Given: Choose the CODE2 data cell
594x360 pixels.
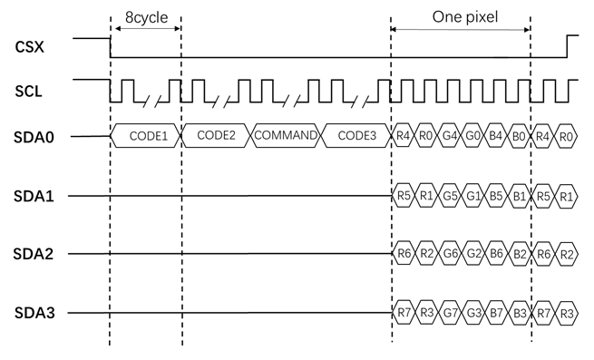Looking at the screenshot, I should [x=216, y=136].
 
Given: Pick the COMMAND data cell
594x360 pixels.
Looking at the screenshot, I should [x=287, y=136].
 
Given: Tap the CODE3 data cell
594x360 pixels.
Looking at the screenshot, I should [x=356, y=136].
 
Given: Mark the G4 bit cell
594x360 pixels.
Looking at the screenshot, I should [x=450, y=136].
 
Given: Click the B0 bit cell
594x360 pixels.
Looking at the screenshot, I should [x=519, y=136].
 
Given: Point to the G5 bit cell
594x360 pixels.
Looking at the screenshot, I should [x=450, y=194].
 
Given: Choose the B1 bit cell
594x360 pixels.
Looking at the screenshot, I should [x=519, y=194].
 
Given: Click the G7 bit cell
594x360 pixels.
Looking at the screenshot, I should [x=450, y=314].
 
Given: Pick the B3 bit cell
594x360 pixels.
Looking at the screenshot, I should [x=519, y=314].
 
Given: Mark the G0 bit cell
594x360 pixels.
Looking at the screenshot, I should [x=472, y=136].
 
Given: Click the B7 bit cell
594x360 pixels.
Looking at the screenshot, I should [x=496, y=314].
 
